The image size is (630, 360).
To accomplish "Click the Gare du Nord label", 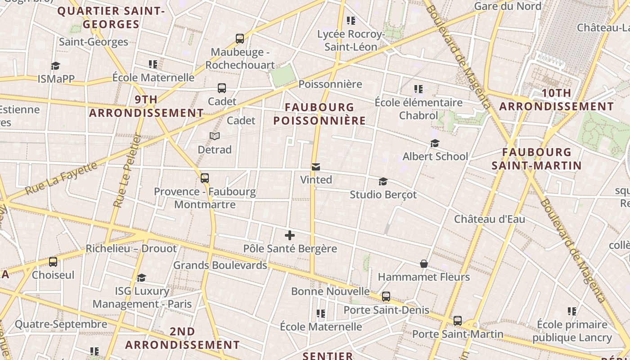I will pos(508,6).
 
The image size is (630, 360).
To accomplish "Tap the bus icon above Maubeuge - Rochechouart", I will pos(240,39).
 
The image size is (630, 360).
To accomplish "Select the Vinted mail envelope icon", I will pos(316,167).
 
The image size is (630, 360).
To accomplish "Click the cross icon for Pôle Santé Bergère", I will pos(290,235).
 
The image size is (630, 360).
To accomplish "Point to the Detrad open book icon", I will pos(215,136).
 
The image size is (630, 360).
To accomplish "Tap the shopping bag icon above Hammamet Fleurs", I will pos(423,264).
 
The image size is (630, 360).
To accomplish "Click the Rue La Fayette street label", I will pos(61,179).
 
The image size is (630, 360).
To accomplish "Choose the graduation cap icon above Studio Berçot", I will pos(383,181).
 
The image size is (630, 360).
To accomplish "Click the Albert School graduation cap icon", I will pos(435,143).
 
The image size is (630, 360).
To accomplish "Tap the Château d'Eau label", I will pos(490,219).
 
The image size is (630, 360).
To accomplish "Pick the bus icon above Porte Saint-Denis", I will pos(386,297).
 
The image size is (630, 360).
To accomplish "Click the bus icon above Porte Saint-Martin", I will pos(458,321).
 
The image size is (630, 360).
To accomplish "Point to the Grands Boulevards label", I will pos(220,265).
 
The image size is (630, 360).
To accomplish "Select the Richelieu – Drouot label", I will pos(131,248).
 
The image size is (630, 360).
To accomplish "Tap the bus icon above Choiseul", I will pos(53,261).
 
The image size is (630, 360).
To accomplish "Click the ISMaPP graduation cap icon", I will pos(55,66).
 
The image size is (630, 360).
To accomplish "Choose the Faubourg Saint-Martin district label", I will pos(536,159).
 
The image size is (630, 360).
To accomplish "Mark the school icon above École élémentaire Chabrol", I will pos(418,89).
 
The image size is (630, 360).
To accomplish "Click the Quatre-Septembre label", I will pos(61,324).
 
